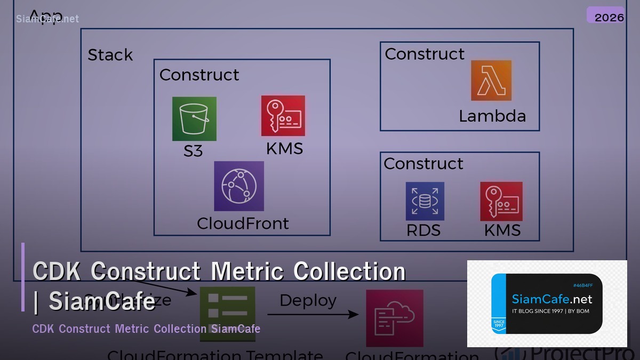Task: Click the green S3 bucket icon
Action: (x=194, y=119)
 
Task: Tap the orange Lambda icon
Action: (x=491, y=81)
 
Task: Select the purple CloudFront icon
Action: (x=239, y=186)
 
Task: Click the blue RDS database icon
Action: (x=425, y=201)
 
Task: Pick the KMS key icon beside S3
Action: (x=283, y=116)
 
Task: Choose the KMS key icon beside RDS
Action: (x=501, y=201)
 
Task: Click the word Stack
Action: (x=110, y=55)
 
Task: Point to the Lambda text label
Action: (x=492, y=116)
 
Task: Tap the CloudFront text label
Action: (x=243, y=223)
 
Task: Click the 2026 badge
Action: (x=609, y=17)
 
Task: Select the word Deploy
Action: (x=308, y=300)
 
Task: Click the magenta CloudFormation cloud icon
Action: (x=395, y=318)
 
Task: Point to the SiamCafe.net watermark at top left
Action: (x=47, y=19)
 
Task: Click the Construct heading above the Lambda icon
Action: (x=425, y=54)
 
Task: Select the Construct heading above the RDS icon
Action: (x=423, y=163)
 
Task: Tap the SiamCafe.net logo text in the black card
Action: (x=551, y=299)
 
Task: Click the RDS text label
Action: (x=423, y=230)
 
